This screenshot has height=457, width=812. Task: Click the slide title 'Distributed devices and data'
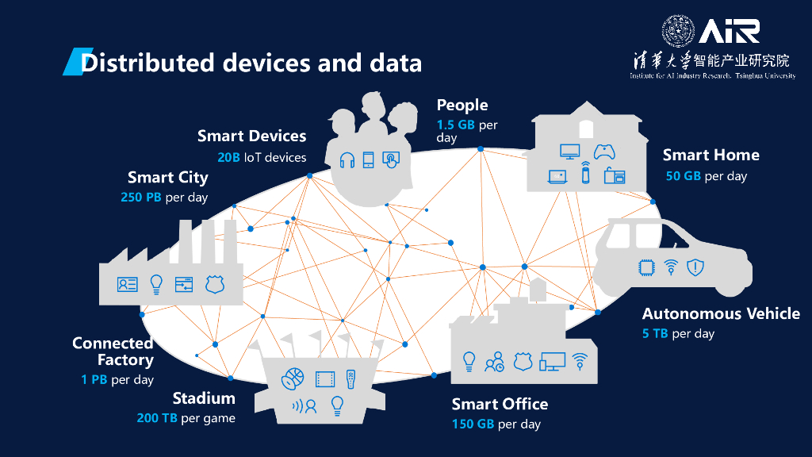click(251, 62)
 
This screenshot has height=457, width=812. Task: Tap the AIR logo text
click(729, 31)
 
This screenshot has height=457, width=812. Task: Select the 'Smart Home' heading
click(710, 155)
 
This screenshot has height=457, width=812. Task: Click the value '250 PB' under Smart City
click(141, 197)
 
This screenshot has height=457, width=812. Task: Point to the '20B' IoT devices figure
click(228, 157)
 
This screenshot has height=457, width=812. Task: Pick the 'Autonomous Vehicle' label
click(721, 313)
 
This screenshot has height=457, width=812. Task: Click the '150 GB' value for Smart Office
click(473, 424)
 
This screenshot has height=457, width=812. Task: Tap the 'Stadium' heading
click(204, 398)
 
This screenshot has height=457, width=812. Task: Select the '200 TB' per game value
click(157, 418)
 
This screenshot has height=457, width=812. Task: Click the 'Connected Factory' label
click(113, 351)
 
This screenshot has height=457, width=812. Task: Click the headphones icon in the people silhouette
click(347, 159)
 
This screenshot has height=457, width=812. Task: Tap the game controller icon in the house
click(605, 151)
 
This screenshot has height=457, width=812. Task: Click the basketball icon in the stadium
click(293, 378)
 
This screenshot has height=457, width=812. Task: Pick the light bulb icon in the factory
click(156, 283)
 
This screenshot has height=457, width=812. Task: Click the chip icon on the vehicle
click(646, 267)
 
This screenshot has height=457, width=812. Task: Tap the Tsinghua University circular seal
click(678, 31)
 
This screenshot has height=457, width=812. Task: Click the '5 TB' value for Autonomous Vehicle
click(655, 333)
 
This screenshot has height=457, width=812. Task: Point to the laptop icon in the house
click(557, 176)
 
